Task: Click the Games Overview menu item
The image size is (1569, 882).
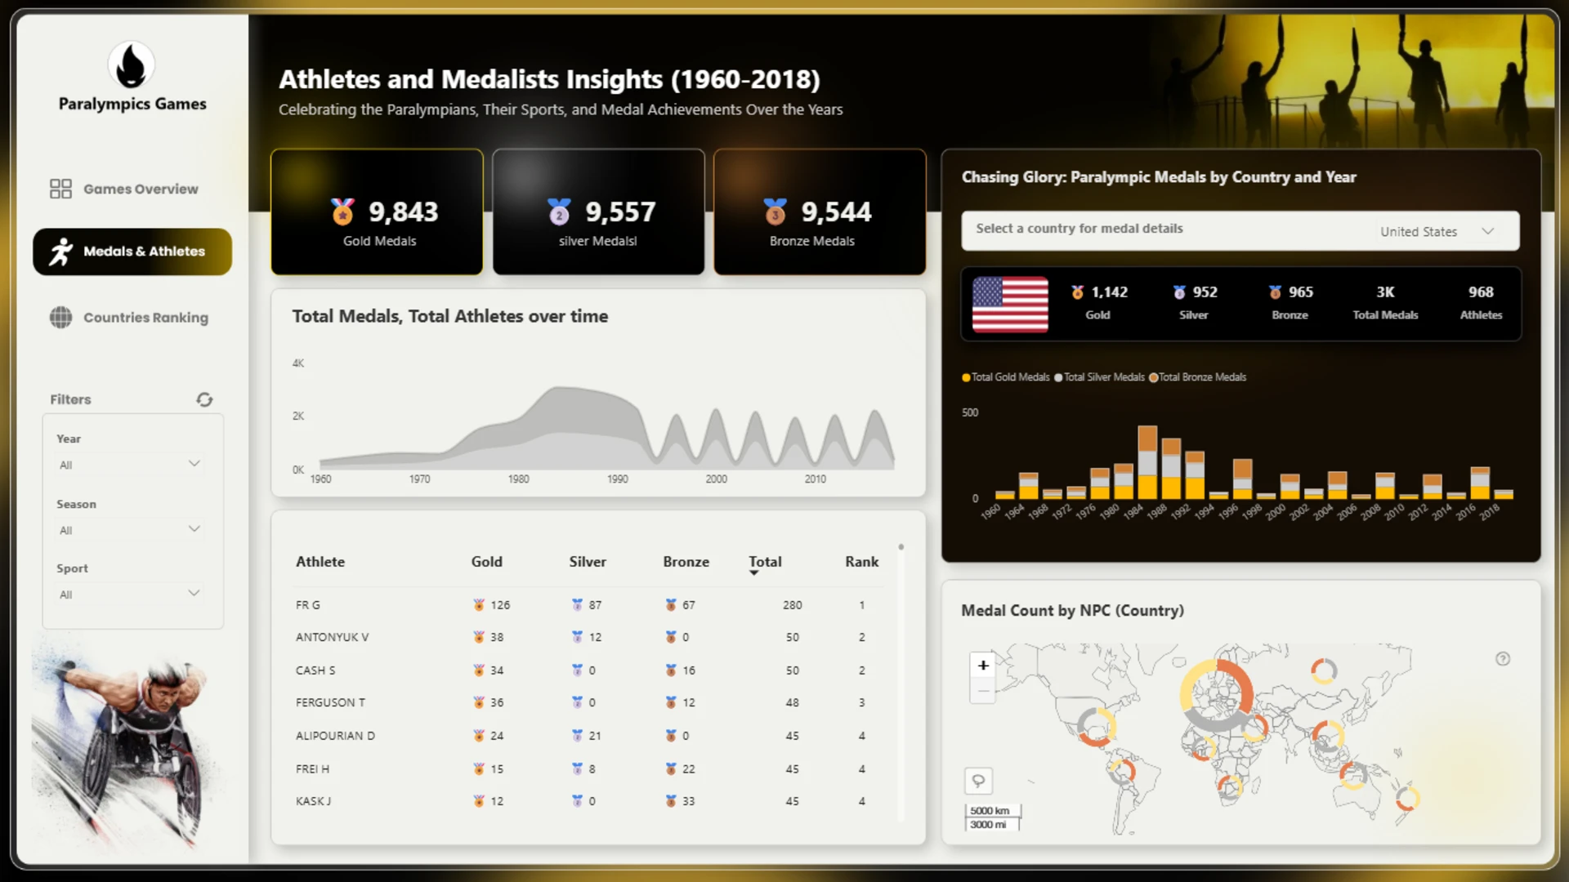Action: point(124,189)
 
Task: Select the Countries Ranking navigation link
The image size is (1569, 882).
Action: point(129,318)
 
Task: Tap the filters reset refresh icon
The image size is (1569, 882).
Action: point(204,399)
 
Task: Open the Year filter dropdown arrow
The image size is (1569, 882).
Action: point(194,464)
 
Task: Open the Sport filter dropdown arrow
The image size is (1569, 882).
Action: point(194,593)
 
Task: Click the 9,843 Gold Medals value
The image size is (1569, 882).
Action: point(403,212)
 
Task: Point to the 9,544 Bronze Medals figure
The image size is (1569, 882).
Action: point(836,212)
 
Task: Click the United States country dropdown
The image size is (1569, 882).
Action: point(1437,231)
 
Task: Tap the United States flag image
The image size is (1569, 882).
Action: point(1010,304)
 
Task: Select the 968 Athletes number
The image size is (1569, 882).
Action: point(1481,292)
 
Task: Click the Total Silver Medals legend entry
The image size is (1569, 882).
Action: point(1099,377)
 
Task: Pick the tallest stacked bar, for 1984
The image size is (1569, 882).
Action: point(1147,462)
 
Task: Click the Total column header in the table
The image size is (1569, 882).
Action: point(765,562)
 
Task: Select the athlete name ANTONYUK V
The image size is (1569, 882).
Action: point(332,637)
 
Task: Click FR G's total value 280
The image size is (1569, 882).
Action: point(792,605)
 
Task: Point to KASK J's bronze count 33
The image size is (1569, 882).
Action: point(688,801)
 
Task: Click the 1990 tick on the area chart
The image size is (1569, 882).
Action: point(618,479)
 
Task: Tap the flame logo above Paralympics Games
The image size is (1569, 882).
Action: point(131,65)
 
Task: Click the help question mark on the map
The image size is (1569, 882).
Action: point(1503,659)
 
